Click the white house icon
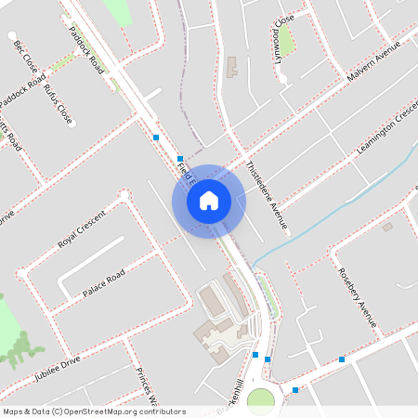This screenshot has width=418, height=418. point(209,201)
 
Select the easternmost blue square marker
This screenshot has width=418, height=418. point(342,359)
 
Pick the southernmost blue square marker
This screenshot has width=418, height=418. point(295,390)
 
